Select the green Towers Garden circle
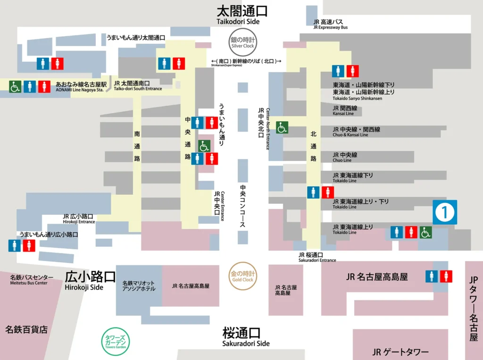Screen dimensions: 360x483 [x=116, y=342]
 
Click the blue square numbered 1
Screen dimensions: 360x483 [x=445, y=212]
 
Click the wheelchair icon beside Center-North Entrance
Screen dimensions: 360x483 [x=282, y=127]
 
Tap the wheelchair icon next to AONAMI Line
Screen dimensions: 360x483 [x=15, y=87]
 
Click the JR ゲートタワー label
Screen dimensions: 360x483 [x=400, y=352]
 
